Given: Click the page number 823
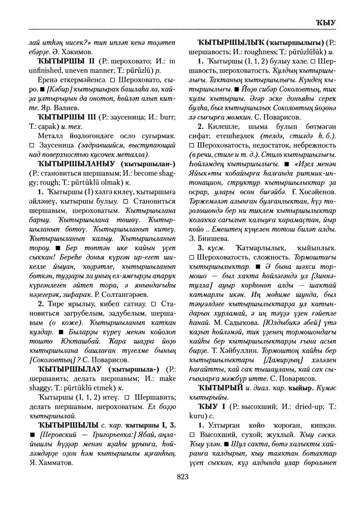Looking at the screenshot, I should click(183, 477).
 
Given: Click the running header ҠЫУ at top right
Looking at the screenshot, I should click(325, 22).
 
